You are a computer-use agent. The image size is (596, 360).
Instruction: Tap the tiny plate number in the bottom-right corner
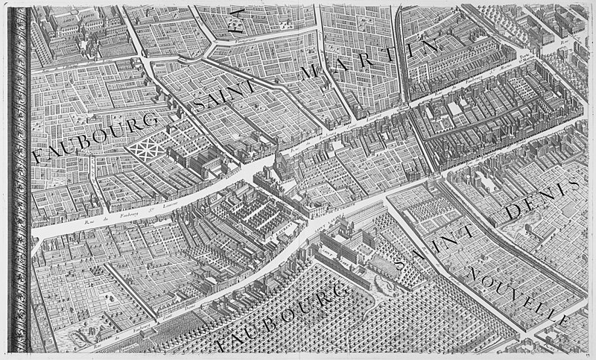[x=589, y=355]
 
